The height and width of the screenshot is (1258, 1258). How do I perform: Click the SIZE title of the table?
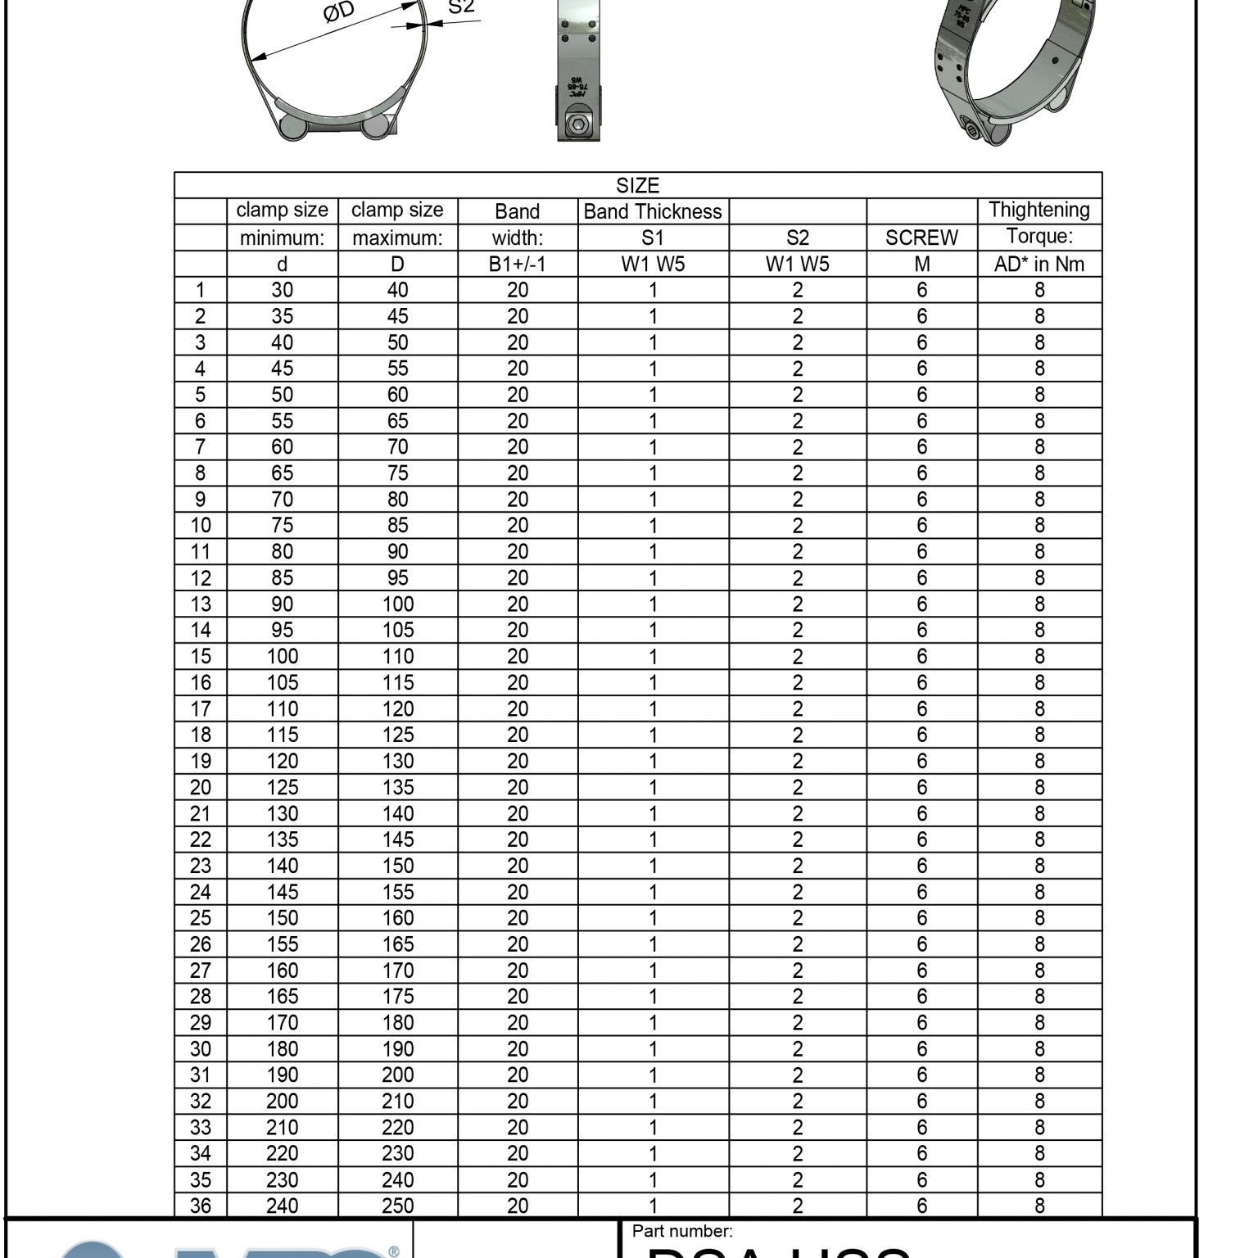click(637, 185)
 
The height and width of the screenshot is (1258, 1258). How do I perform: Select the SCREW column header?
click(921, 238)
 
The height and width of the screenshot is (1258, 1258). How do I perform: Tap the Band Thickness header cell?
click(653, 211)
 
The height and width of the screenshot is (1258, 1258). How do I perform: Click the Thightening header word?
click(1039, 210)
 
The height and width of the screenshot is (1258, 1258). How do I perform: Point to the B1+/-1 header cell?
click(517, 264)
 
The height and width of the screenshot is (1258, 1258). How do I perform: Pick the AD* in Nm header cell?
click(1039, 264)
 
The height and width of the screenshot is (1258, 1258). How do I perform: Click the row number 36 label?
click(201, 1206)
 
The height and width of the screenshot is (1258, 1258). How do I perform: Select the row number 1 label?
click(201, 290)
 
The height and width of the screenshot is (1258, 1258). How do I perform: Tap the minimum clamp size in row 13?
click(282, 604)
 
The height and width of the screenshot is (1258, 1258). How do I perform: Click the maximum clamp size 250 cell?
click(397, 1206)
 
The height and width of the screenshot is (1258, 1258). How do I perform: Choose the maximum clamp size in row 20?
click(397, 787)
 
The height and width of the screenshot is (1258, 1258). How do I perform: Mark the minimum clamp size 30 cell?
click(282, 290)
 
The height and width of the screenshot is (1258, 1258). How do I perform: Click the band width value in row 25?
click(517, 918)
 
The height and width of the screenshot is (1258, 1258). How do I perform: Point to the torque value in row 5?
click(1039, 395)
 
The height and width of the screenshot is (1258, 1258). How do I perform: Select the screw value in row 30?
click(921, 1049)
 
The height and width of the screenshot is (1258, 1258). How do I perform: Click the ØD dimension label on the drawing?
click(338, 13)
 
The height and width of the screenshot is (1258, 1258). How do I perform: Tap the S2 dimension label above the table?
click(461, 7)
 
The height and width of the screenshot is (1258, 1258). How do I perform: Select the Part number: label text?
click(681, 1231)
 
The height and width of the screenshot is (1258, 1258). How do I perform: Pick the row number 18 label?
click(201, 735)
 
